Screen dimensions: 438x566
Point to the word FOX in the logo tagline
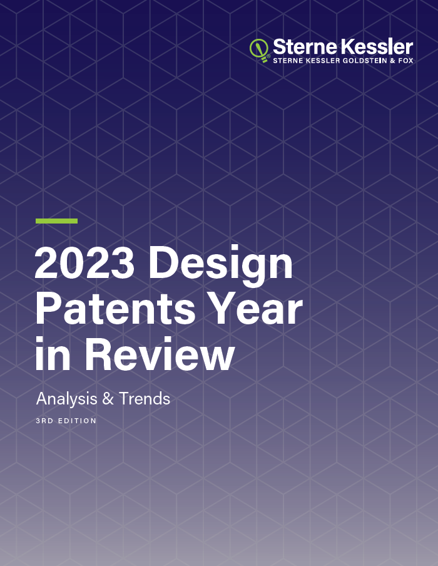point(406,61)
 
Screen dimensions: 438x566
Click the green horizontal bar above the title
point(57,221)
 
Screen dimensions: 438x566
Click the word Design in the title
point(220,265)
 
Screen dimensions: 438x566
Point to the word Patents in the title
point(116,309)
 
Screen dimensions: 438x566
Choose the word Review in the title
point(160,353)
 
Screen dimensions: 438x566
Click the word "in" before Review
point(53,353)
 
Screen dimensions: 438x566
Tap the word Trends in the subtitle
point(145,399)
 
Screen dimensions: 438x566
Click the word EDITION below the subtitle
point(78,421)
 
